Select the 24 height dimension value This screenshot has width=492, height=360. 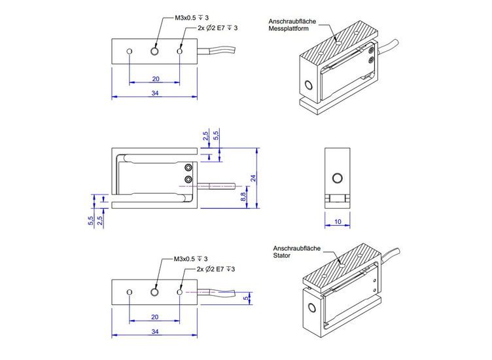[x=252, y=177]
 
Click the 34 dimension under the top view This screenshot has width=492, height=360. [x=154, y=93]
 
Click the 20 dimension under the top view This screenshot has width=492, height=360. [x=155, y=79]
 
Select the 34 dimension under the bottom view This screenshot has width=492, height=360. [x=154, y=332]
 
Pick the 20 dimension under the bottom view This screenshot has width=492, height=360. [x=155, y=317]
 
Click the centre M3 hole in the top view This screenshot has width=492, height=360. [x=154, y=51]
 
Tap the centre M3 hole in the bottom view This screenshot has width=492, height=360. [x=154, y=292]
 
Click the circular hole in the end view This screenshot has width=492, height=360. [x=338, y=178]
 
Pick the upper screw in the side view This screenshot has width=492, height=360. [x=188, y=168]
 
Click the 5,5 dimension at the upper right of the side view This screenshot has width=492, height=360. [x=216, y=136]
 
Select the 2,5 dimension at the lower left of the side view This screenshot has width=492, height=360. [x=99, y=221]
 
